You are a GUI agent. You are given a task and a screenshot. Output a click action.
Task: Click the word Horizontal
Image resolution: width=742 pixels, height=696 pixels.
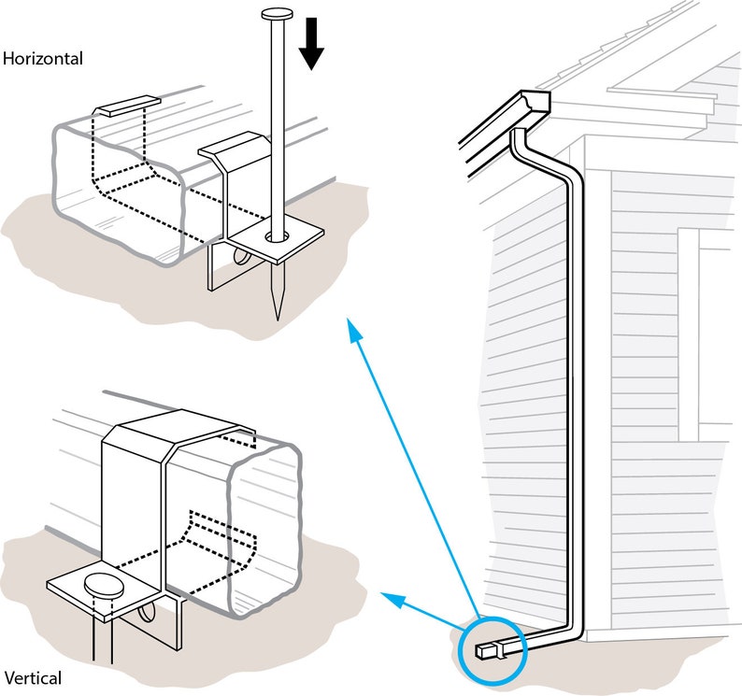43,59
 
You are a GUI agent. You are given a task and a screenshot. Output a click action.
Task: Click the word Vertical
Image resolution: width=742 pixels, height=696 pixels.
33,678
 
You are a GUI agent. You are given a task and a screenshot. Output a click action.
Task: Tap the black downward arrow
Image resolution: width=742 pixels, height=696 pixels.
311,44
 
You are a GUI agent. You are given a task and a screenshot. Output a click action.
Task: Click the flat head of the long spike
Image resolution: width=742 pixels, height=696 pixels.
278,14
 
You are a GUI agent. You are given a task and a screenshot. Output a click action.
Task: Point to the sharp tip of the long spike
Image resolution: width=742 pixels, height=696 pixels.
278,319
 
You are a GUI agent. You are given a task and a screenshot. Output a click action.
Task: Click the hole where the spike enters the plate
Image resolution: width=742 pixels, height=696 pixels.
278,235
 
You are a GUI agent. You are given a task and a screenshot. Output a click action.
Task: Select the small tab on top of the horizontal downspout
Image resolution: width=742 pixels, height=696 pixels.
128,106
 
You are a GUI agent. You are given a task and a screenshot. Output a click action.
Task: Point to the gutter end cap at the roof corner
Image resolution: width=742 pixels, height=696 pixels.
536,101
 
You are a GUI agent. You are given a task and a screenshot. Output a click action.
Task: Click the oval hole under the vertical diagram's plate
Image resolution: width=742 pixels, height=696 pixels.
145,612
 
